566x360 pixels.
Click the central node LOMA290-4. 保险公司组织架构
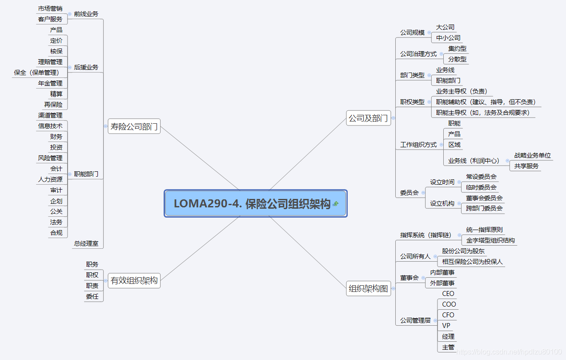[x=252, y=204]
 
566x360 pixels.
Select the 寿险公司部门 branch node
[x=134, y=126]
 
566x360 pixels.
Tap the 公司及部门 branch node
[x=368, y=118]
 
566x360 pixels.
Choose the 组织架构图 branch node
[x=368, y=288]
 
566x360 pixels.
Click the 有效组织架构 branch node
[x=134, y=281]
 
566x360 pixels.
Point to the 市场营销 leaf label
[x=50, y=8]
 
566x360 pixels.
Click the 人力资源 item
[x=50, y=179]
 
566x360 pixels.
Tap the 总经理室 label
[x=86, y=244]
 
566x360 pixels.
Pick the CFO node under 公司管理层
[x=448, y=315]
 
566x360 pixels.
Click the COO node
[x=449, y=304]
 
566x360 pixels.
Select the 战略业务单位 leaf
[x=532, y=155]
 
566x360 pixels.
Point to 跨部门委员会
[x=484, y=208]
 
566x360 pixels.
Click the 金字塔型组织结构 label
[x=490, y=240]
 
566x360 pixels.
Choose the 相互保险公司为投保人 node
[x=472, y=262]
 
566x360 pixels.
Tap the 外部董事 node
[x=442, y=283]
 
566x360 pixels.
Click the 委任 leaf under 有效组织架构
[x=92, y=296]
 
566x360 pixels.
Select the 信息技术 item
[x=50, y=126]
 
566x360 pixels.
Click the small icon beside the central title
[x=335, y=204]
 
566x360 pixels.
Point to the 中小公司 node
[x=448, y=38]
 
